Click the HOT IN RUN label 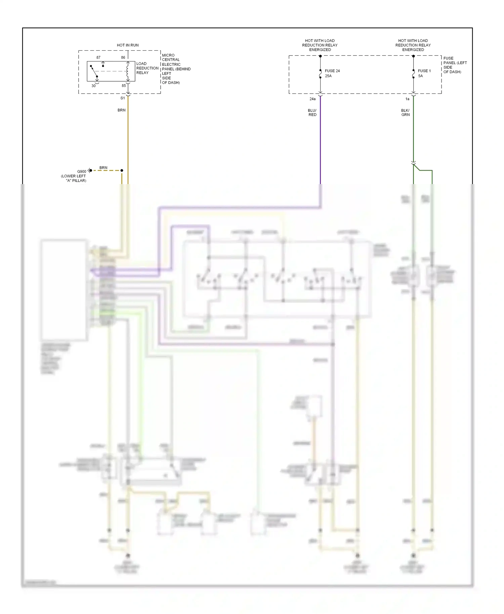[x=127, y=45]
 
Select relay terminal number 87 [x=98, y=57]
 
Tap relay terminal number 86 [x=123, y=57]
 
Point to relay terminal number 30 [x=93, y=86]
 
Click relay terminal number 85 [x=124, y=86]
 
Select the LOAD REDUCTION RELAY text [x=147, y=68]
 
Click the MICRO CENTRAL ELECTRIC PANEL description [x=176, y=69]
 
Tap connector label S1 [x=123, y=98]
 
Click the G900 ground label [x=82, y=171]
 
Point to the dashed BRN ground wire [x=106, y=170]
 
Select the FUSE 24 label [x=332, y=71]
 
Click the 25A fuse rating [x=328, y=76]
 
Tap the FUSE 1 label [x=424, y=71]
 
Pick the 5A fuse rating [x=420, y=76]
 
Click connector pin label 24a [x=312, y=99]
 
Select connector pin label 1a [x=407, y=99]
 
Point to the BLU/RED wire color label [x=312, y=113]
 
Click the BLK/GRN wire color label [x=405, y=113]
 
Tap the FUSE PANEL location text [x=455, y=65]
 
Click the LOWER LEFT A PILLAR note [x=74, y=178]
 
